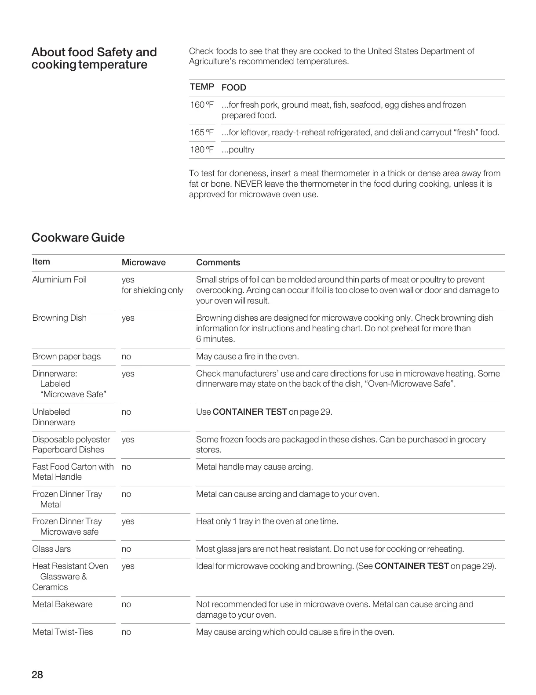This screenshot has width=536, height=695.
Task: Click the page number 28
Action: coord(37,675)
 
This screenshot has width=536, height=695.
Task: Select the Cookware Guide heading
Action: coord(78,238)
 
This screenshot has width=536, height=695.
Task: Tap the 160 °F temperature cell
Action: coord(202,105)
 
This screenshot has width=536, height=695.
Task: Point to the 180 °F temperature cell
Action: coord(202,150)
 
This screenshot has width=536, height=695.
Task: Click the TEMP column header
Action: coord(202,87)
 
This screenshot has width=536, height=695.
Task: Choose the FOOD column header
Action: coord(233,87)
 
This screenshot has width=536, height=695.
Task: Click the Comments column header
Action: coord(218,263)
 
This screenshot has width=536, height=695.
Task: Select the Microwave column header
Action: coord(143,263)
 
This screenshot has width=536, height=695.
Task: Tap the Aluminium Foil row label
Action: coord(59,280)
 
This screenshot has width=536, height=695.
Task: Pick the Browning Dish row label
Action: coord(59,318)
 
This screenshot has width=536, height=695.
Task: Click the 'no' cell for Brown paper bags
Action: coord(126,357)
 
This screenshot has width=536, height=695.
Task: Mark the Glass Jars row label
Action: coord(51,549)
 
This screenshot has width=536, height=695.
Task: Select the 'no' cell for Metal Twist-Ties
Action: coord(126,632)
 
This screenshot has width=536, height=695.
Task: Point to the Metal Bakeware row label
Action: coord(62,605)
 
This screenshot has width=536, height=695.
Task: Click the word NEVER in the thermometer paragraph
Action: coord(249,184)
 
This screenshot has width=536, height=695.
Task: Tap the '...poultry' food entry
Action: coord(238,150)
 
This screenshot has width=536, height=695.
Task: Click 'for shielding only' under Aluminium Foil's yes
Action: coord(152,290)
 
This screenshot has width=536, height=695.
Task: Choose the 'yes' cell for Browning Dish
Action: coord(128,318)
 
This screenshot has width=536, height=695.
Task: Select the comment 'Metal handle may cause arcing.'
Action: coord(255,467)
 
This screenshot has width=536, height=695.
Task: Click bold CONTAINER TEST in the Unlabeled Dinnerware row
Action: coord(249,412)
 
